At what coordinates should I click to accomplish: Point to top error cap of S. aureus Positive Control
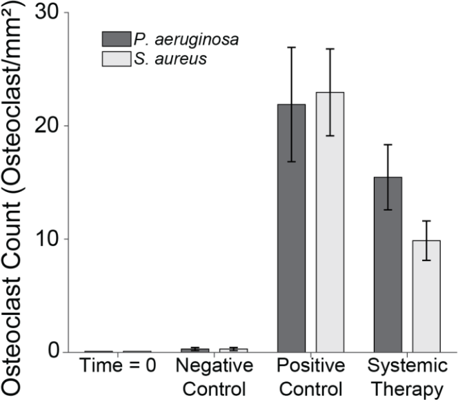pyautogui.click(x=330, y=49)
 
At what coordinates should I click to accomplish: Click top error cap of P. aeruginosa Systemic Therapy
pyautogui.click(x=388, y=144)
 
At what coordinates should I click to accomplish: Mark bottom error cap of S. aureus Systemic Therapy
pyautogui.click(x=426, y=260)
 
